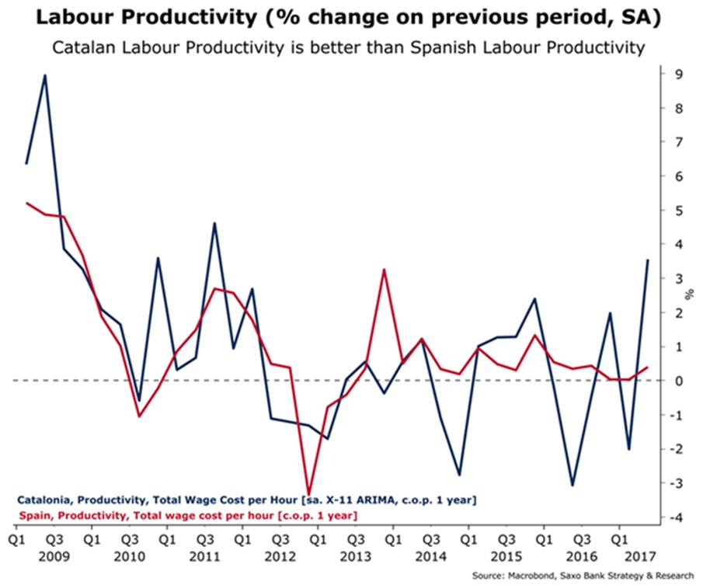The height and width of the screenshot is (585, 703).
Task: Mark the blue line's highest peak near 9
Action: pos(45,75)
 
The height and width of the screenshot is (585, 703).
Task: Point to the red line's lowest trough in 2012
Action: pos(309,495)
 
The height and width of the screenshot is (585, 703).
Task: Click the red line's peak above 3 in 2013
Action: pos(384,270)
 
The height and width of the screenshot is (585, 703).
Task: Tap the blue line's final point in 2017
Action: pos(648,260)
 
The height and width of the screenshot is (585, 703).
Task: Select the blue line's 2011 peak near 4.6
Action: pos(214,224)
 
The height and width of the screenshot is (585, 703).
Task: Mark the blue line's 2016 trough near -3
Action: pos(572,485)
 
